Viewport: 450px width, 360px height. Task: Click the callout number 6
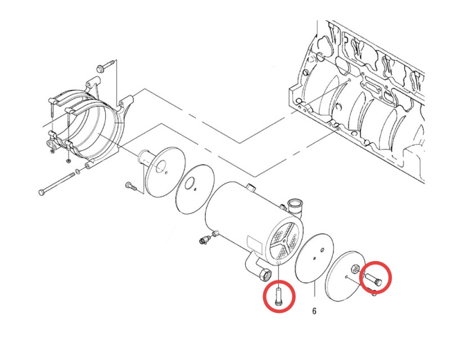(314, 311)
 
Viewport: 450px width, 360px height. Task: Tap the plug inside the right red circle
(374, 279)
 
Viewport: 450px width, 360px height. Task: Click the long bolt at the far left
(57, 183)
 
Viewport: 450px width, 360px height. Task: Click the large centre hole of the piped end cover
(160, 166)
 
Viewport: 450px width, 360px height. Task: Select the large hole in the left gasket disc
(190, 183)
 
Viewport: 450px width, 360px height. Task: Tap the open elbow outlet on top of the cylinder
(296, 206)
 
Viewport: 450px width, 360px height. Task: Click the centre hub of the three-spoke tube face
(285, 241)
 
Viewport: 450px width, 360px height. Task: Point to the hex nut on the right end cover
(355, 269)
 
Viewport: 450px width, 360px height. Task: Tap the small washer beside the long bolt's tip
(78, 172)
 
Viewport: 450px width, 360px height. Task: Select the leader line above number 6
(315, 289)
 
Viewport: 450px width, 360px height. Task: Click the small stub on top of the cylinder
(251, 187)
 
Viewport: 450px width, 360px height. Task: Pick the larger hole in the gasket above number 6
(322, 250)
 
